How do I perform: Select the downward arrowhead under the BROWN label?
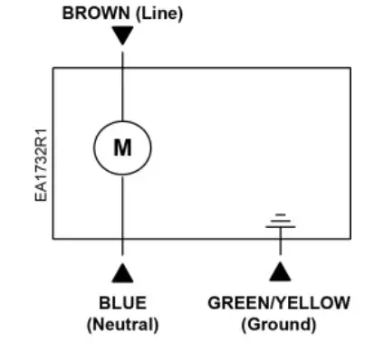(122, 36)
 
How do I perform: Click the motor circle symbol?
(122, 147)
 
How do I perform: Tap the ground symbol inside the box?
(281, 221)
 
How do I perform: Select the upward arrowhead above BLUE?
(122, 270)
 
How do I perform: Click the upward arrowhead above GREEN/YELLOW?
(281, 270)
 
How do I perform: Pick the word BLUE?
(122, 303)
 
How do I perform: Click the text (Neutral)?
(122, 323)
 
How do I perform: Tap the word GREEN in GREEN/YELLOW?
(237, 303)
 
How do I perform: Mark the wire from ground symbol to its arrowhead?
(281, 246)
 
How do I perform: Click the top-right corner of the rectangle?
(351, 67)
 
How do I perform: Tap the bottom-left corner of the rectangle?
(53, 239)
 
